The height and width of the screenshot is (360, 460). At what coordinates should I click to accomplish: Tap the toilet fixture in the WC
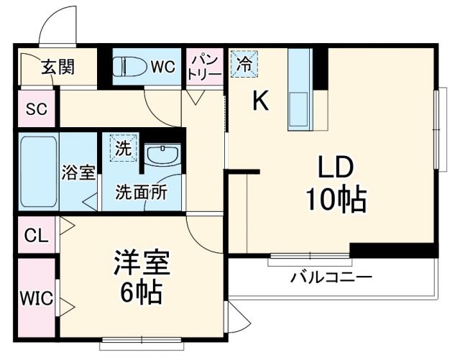point(129,67)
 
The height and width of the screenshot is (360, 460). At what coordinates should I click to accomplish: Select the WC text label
point(162,67)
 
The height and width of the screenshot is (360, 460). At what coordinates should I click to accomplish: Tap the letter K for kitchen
point(259,103)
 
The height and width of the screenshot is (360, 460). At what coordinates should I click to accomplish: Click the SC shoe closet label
point(37,109)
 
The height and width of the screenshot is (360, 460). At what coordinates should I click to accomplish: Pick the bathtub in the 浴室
point(36,172)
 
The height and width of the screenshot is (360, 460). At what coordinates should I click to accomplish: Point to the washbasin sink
point(165,155)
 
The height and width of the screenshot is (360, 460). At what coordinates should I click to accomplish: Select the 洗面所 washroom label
point(142,193)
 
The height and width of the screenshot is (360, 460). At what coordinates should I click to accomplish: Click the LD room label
point(335,169)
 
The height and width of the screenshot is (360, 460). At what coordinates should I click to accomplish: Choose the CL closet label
point(35,235)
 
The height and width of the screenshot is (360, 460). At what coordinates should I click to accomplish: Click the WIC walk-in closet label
point(36,298)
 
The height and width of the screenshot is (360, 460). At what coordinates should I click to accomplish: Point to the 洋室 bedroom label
point(141,262)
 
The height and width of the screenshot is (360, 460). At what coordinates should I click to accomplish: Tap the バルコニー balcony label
point(331,277)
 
